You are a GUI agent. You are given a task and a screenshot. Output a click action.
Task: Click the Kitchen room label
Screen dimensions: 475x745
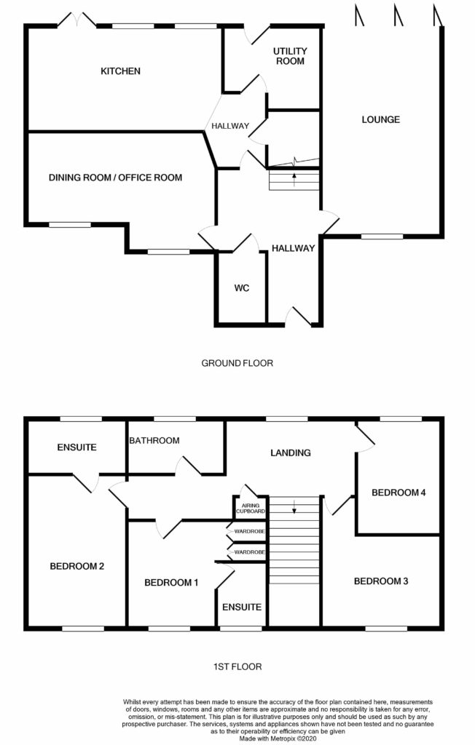tap(120, 71)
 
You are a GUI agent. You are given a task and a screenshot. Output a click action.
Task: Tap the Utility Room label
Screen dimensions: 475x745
tap(291, 56)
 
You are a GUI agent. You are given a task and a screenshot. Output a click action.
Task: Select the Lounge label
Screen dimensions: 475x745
tap(381, 120)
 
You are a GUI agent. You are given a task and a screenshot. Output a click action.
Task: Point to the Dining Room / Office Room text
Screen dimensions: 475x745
tap(115, 178)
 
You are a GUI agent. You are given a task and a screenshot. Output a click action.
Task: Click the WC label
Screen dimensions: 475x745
tap(242, 288)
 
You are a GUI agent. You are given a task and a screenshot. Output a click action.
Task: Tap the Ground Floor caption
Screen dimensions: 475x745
tap(237, 364)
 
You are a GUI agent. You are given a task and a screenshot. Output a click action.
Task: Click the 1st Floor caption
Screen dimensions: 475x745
tap(237, 667)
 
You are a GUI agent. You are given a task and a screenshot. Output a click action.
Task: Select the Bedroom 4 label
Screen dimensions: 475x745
tap(399, 493)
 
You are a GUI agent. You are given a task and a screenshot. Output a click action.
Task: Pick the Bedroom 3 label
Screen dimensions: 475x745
tap(381, 581)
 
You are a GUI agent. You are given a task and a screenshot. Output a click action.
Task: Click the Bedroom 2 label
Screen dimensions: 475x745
tap(77, 566)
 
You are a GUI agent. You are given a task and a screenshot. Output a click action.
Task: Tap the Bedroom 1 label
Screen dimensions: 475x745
tap(171, 583)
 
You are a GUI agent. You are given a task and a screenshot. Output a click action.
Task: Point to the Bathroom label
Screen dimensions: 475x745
tap(154, 440)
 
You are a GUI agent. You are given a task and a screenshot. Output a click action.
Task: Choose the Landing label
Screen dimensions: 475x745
tap(291, 453)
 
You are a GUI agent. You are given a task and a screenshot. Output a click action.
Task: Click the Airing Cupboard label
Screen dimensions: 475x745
tap(251, 509)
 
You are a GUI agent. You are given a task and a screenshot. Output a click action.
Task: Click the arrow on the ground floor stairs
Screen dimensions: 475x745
tap(294, 180)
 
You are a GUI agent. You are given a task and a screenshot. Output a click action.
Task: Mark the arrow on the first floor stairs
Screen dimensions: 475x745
tap(294, 507)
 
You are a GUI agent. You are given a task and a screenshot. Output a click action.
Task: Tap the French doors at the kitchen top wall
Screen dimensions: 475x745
tap(76, 20)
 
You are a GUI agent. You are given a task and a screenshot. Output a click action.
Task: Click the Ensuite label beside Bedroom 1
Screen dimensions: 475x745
tap(242, 607)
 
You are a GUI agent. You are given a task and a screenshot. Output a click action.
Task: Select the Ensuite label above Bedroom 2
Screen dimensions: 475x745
tap(76, 447)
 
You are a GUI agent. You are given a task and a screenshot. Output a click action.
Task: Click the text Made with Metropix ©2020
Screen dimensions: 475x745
tap(278, 739)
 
